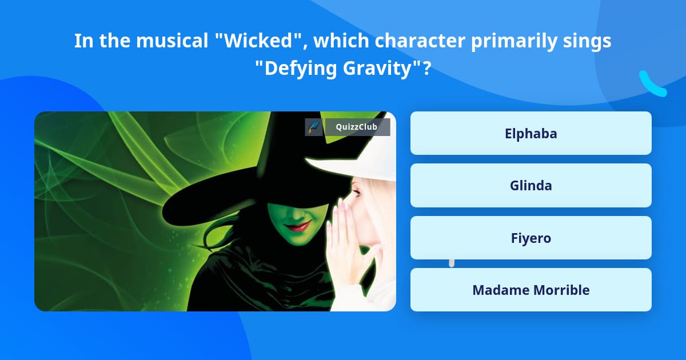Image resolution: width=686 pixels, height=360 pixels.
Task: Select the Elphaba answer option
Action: [x=531, y=133]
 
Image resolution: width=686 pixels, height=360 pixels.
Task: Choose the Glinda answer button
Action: [x=531, y=185]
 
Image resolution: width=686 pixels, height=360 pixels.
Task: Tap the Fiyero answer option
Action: [x=531, y=238]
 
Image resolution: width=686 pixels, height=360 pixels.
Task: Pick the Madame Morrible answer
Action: [x=531, y=290]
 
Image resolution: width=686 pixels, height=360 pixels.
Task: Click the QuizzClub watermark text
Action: [x=356, y=127]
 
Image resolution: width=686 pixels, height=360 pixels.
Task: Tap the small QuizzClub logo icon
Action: [x=313, y=127]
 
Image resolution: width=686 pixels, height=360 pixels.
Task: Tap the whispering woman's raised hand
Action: [x=343, y=240]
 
